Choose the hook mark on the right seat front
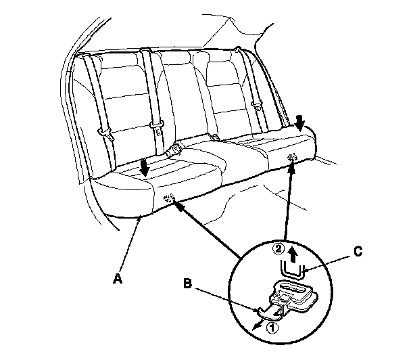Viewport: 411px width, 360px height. tap(292, 158)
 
